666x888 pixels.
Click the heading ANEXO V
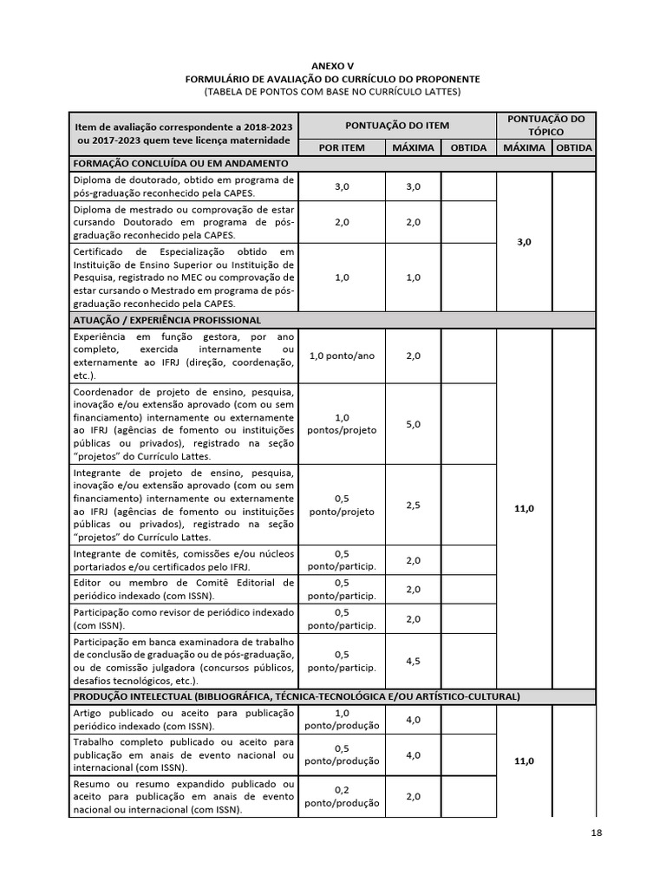(333, 66)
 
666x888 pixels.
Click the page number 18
(595, 833)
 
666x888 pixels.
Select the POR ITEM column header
(341, 147)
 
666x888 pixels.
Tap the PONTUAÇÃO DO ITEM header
(397, 125)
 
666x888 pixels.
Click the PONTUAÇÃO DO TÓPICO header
(545, 125)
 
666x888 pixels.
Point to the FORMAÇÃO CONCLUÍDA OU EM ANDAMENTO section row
(181, 163)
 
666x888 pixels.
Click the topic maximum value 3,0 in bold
(524, 243)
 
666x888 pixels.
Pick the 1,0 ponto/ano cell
(342, 356)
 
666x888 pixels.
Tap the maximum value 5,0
(413, 424)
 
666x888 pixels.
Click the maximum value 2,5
(413, 505)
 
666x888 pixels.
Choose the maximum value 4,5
(413, 661)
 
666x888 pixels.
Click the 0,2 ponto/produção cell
(342, 796)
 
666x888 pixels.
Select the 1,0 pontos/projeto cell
(342, 424)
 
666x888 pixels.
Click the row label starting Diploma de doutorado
(184, 186)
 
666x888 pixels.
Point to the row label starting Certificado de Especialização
(184, 277)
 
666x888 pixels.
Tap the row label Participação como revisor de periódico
(184, 618)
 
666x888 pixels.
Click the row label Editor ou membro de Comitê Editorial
(184, 589)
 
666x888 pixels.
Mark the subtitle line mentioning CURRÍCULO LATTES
(333, 91)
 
